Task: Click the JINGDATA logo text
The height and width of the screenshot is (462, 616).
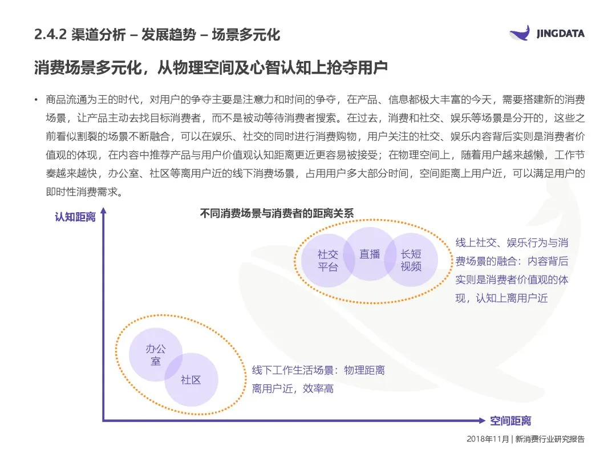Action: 561,34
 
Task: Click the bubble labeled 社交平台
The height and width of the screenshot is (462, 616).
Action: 327,261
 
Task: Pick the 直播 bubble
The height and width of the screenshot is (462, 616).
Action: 370,254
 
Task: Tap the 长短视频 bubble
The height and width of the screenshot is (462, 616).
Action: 411,260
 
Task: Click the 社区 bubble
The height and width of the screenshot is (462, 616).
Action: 191,380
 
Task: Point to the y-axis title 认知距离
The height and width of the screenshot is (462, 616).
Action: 75,217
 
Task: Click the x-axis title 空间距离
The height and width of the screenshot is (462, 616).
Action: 510,421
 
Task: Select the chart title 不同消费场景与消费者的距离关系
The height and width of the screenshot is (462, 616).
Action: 277,213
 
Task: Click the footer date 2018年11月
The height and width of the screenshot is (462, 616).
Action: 488,439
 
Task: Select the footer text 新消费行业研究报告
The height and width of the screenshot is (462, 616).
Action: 550,439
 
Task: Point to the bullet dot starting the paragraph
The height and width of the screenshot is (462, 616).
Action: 37,100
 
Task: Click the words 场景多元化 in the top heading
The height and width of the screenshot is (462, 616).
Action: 246,35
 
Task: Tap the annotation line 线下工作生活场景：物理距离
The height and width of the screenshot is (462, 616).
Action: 318,370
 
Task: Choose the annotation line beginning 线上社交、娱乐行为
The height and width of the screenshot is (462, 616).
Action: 511,243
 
